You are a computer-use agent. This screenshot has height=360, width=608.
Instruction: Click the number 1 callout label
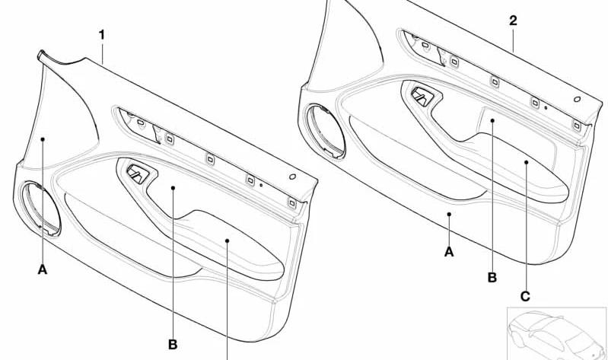tap(102, 35)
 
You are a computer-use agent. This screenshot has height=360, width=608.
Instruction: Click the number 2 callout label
tap(513, 21)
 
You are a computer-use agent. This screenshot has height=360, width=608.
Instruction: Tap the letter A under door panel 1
tap(43, 269)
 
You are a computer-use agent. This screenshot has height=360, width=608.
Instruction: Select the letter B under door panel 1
tap(173, 344)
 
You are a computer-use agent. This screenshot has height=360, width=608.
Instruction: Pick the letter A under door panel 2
tap(449, 252)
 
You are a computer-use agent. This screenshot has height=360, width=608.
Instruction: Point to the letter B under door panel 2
tap(492, 278)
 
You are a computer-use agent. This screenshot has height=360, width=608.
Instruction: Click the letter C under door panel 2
tap(525, 297)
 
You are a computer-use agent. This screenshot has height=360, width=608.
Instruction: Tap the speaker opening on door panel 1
tap(41, 209)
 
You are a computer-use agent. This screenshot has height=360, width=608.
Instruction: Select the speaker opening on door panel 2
tap(326, 132)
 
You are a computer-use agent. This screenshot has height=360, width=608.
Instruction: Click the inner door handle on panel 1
tap(138, 174)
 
